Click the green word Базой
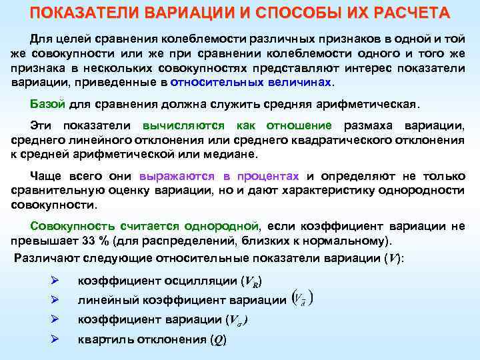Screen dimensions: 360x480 coord(47,104)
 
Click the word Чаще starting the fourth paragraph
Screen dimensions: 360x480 coord(47,176)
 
